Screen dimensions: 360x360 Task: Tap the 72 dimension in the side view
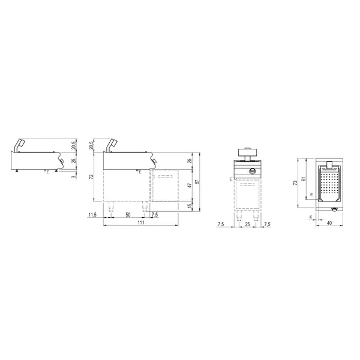tap(91, 178)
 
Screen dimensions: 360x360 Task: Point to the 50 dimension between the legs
tap(127, 214)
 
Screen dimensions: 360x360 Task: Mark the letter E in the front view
tap(230, 179)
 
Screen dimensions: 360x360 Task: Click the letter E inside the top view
tap(311, 194)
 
